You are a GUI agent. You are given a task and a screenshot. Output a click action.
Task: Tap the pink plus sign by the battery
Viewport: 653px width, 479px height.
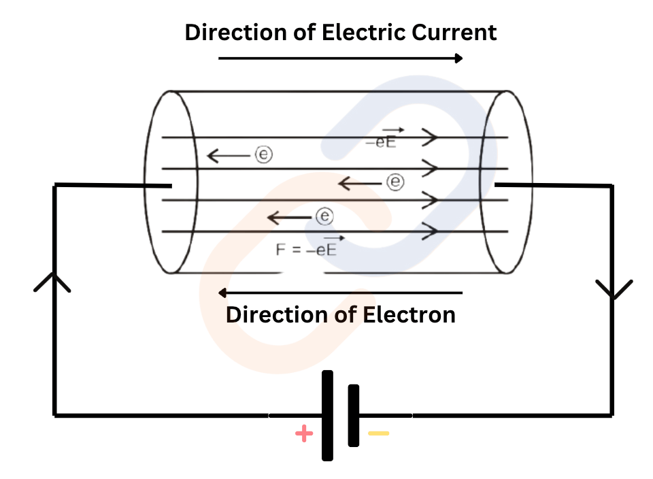(304, 433)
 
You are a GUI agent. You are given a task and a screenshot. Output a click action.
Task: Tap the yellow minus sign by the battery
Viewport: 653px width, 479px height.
(379, 433)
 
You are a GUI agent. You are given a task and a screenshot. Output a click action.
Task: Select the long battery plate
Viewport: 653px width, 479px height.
(328, 415)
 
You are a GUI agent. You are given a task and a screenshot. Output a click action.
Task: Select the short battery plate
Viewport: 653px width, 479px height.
(353, 415)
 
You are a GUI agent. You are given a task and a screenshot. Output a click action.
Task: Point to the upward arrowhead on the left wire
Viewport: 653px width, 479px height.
(52, 282)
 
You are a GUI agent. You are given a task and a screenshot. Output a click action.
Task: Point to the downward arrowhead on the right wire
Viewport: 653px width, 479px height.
(614, 288)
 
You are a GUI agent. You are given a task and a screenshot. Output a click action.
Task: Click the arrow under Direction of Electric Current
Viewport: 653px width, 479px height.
(340, 59)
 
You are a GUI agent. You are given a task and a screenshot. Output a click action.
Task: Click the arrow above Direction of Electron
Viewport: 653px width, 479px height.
(340, 293)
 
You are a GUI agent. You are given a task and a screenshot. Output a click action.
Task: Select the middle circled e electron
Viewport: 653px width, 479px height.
(395, 182)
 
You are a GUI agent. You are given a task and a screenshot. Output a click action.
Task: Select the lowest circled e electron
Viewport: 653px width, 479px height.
(324, 217)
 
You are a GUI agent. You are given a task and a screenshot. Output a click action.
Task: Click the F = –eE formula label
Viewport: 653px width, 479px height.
(307, 248)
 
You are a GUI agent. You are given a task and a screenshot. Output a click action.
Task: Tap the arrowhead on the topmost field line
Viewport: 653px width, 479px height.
(430, 137)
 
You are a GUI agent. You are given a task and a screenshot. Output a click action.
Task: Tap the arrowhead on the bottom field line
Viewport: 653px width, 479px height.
(430, 231)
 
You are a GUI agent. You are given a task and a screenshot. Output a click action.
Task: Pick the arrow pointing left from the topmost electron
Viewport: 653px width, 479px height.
(229, 156)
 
